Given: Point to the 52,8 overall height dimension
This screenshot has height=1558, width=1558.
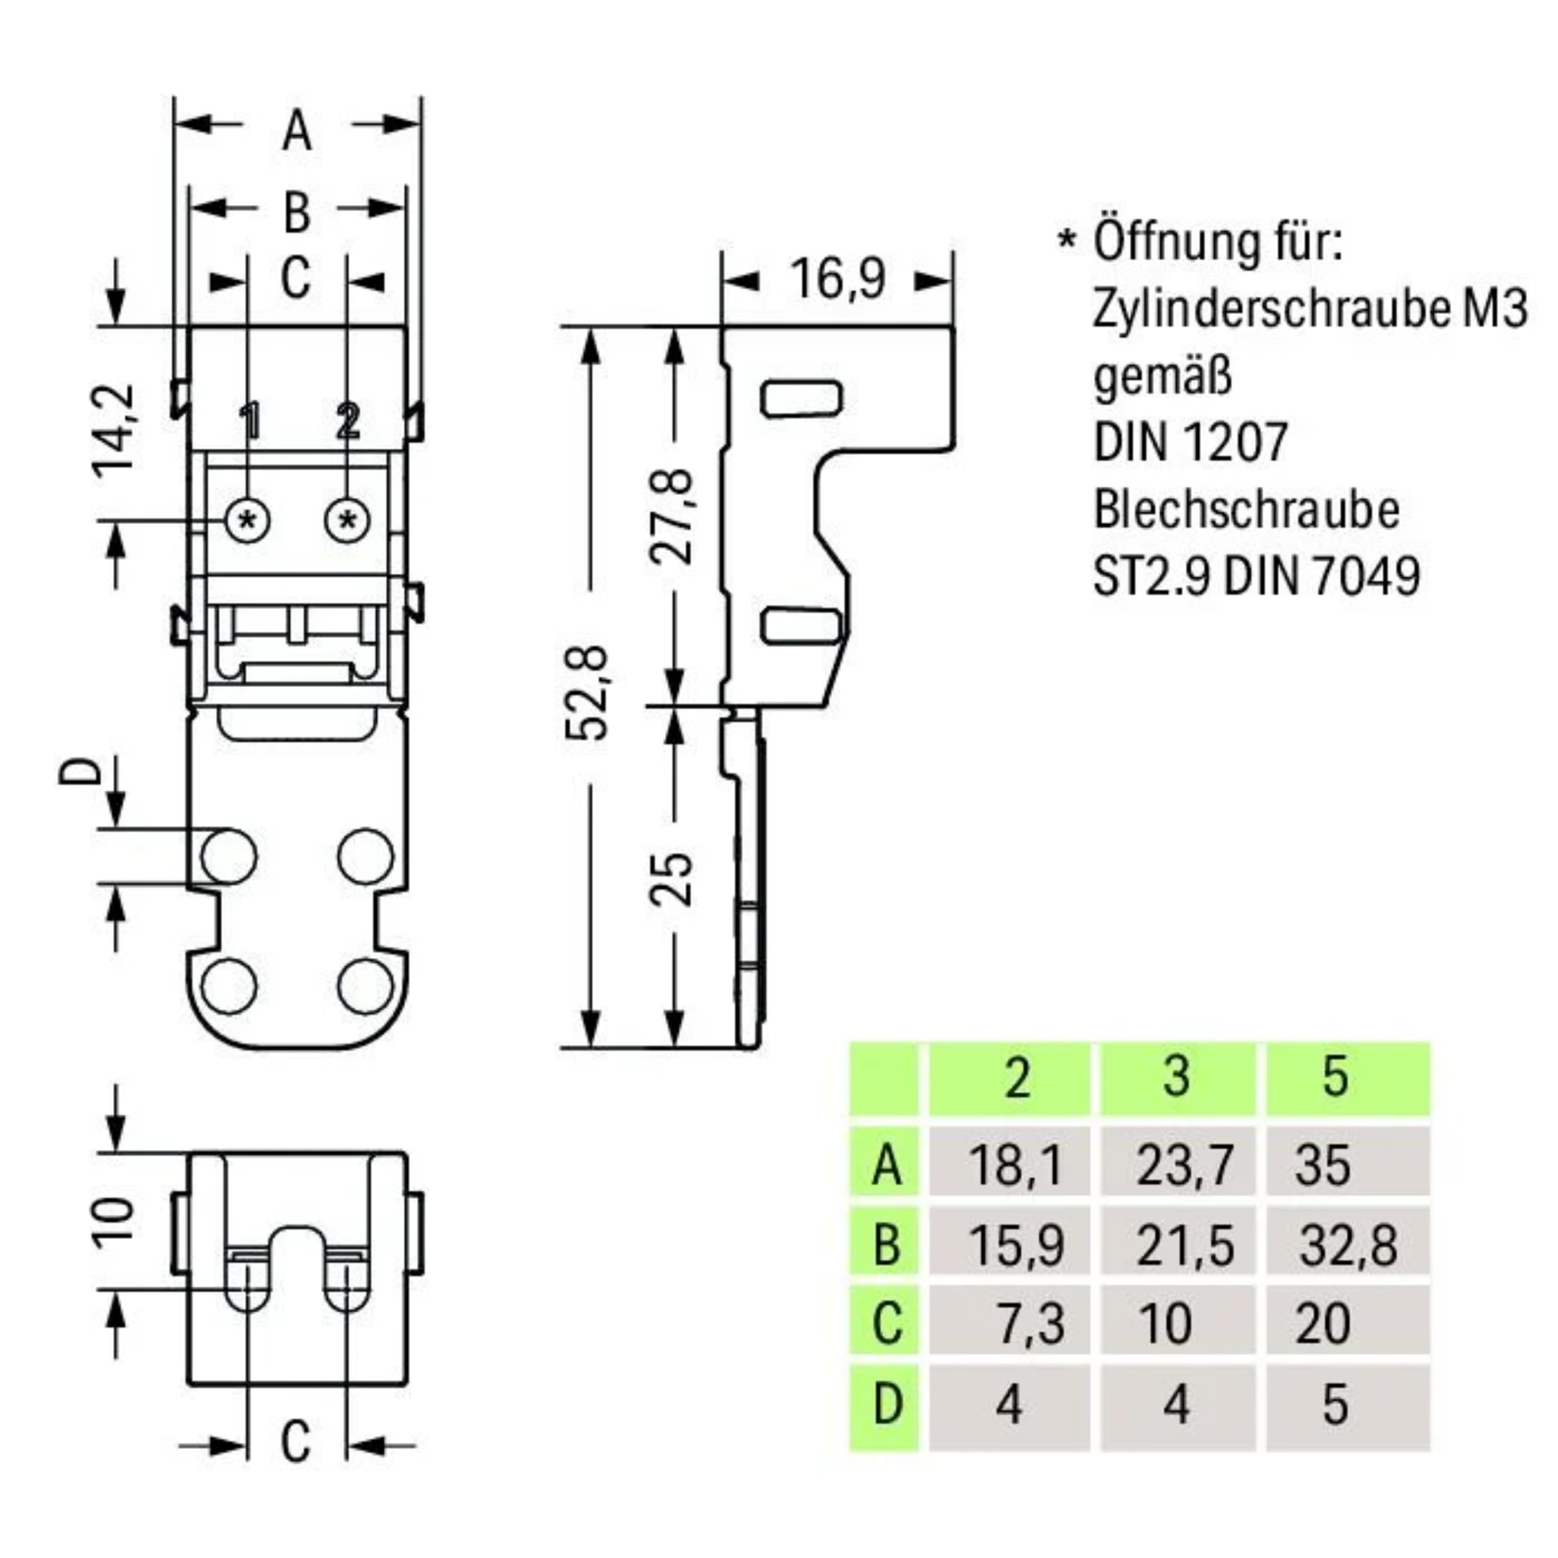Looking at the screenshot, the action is [x=587, y=692].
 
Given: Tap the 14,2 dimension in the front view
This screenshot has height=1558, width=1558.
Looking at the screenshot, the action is [x=113, y=432].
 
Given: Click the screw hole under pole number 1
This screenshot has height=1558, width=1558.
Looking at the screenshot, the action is [x=247, y=520].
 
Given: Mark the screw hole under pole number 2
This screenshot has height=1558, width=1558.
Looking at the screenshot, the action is [x=348, y=520].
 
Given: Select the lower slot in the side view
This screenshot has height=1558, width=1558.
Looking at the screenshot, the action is [x=802, y=627].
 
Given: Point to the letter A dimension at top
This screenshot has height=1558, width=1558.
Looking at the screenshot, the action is [x=297, y=131].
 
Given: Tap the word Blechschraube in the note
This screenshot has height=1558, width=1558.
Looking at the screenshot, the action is [x=1246, y=510].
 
